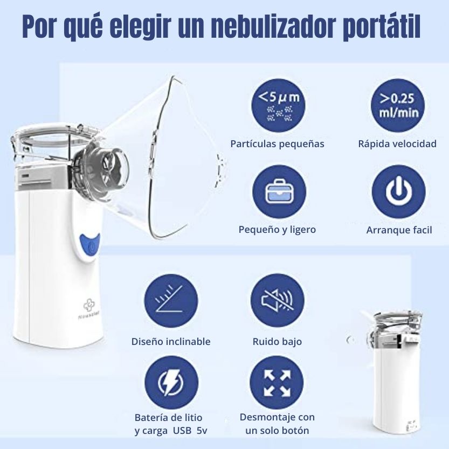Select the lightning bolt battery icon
pyautogui.click(x=170, y=383)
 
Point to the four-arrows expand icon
pyautogui.click(x=277, y=383)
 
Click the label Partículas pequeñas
pyautogui.click(x=277, y=144)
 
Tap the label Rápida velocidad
pyautogui.click(x=397, y=144)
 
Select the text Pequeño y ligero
pyautogui.click(x=277, y=230)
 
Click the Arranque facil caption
pyautogui.click(x=399, y=230)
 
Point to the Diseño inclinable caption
pyautogui.click(x=171, y=342)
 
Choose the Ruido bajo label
pyautogui.click(x=277, y=342)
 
